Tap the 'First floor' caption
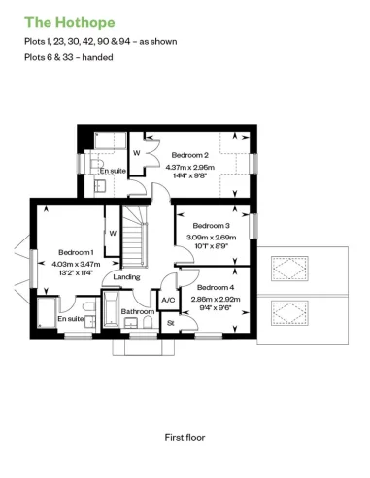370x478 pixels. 185,437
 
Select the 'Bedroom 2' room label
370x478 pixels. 190,155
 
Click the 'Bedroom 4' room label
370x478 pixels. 215,287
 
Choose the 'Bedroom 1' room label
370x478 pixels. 75,251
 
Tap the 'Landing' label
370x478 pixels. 126,277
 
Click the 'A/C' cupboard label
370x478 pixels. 167,301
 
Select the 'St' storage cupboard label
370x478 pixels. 170,322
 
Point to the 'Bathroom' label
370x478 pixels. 138,338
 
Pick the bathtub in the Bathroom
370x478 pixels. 112,315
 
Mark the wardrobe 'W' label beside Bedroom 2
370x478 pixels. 136,152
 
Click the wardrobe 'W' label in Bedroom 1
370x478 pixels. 113,234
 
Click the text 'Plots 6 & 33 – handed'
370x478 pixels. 68,57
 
